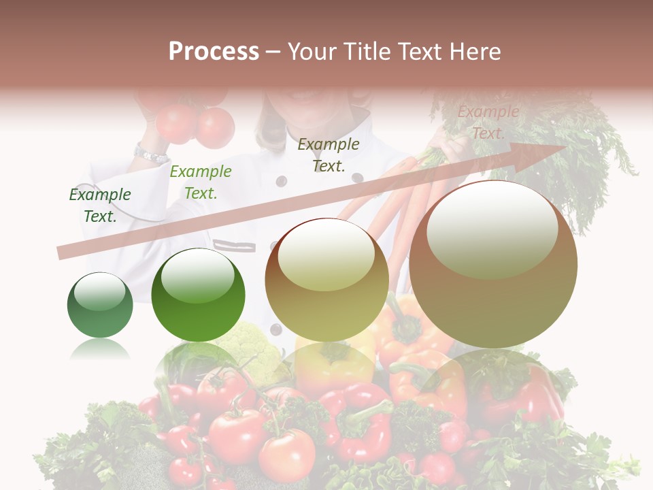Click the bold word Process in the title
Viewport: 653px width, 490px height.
(x=214, y=52)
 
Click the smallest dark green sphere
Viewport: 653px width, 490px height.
(x=100, y=305)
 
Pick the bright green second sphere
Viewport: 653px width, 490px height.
(x=198, y=295)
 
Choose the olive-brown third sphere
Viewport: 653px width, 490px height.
(x=326, y=280)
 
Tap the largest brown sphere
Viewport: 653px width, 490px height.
(x=493, y=264)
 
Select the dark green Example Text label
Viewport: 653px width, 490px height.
(x=100, y=206)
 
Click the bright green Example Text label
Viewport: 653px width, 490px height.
(x=201, y=182)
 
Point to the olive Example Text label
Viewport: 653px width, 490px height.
(x=329, y=155)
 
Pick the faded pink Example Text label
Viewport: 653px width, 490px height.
(x=488, y=122)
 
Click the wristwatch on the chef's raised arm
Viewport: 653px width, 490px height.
(x=151, y=153)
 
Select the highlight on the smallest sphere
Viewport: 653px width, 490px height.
(x=100, y=291)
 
